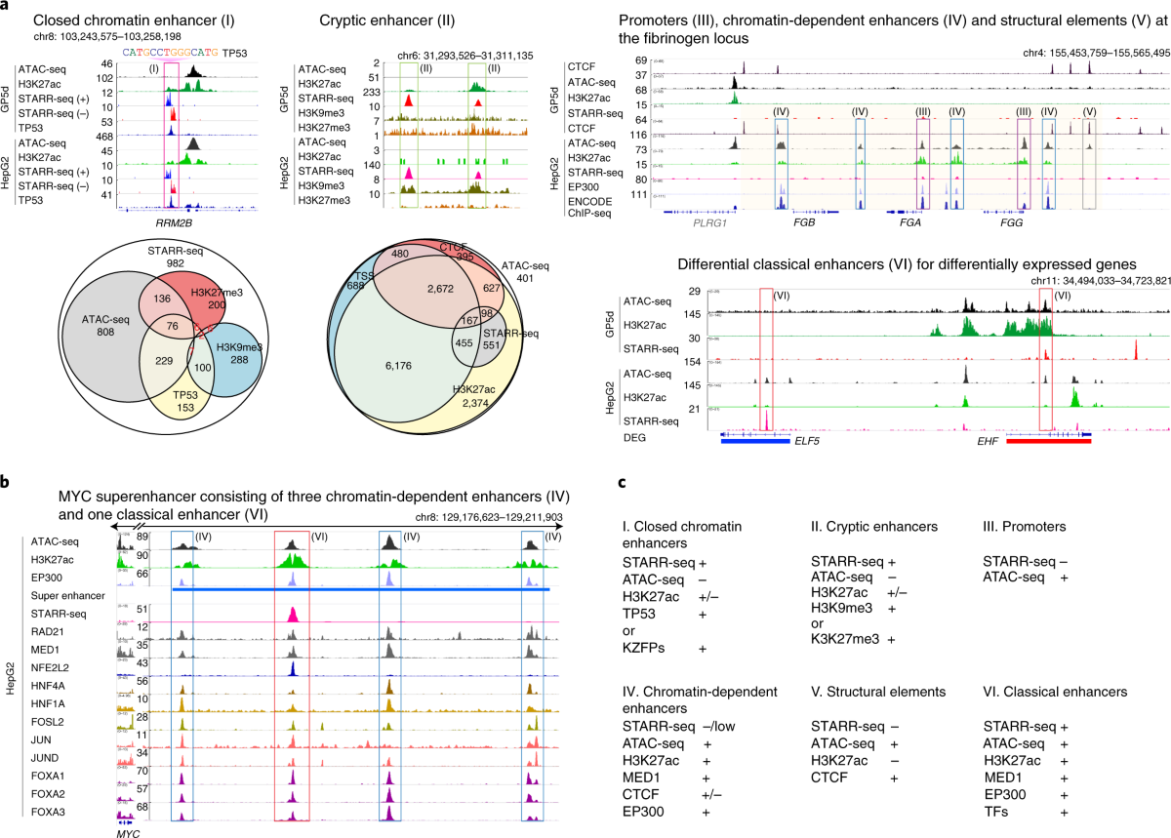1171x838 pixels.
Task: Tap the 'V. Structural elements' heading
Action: pyautogui.click(x=878, y=692)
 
